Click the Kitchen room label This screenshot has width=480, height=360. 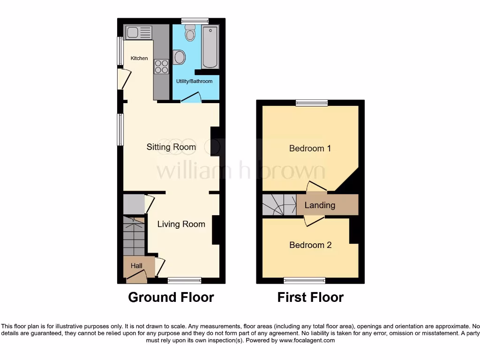139,58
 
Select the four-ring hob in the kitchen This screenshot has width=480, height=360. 161,66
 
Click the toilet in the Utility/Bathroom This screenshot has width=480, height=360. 190,33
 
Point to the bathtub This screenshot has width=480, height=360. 210,48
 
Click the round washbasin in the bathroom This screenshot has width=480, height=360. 179,58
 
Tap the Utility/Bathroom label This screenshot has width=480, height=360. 194,81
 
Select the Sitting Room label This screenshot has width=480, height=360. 171,147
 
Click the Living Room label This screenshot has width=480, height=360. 181,224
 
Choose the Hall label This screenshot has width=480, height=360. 136,266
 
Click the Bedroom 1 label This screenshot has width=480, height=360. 310,149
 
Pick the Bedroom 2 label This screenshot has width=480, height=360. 310,245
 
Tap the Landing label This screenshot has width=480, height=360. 320,205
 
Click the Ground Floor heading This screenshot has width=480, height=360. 171,297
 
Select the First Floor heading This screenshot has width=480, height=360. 310,297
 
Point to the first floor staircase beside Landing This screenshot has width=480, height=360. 279,205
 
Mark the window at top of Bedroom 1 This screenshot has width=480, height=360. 311,103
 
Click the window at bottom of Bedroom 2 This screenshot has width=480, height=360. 304,280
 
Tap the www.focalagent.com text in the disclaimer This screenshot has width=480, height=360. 307,340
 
